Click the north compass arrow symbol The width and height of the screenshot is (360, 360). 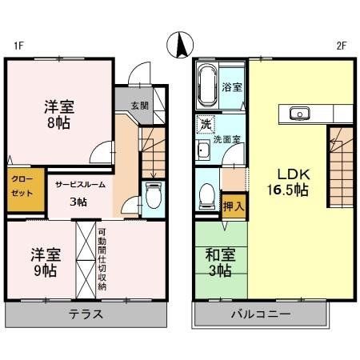coord(180,45)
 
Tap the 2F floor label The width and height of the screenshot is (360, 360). coord(341,46)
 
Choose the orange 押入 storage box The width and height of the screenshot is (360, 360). coord(234,206)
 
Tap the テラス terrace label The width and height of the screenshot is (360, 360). coord(86,313)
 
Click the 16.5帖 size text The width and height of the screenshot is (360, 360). coord(294,190)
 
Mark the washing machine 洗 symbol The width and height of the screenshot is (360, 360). coord(206,125)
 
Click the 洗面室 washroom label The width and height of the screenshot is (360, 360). coord(231,138)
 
